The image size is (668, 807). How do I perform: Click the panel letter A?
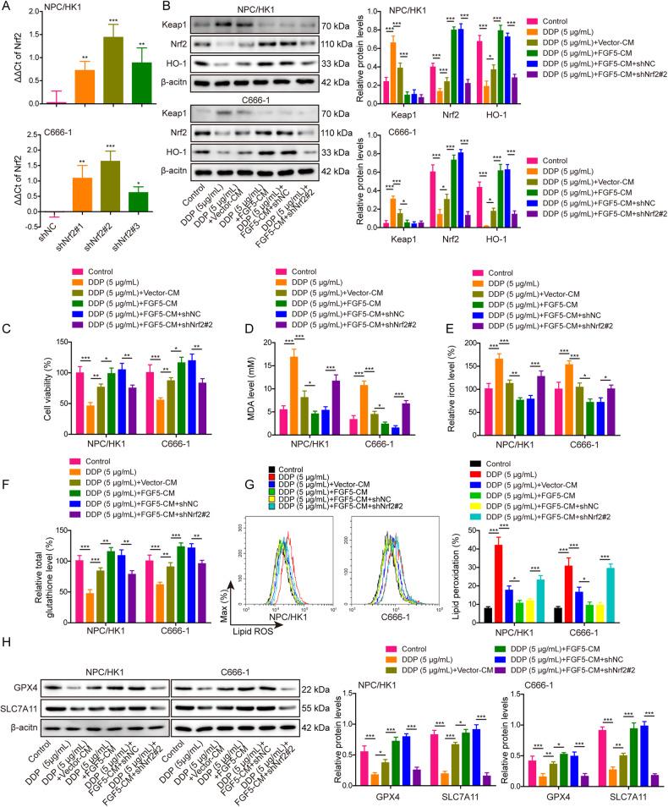coord(8,8)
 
